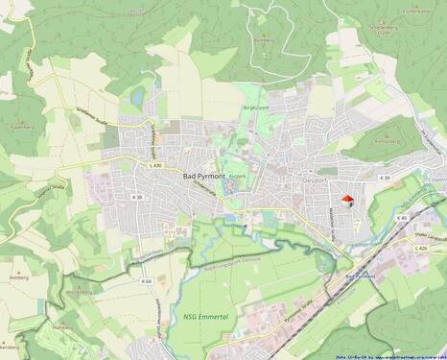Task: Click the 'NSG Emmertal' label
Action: coord(204,316)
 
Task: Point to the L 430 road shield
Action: coord(155,166)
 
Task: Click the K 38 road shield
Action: coord(137,197)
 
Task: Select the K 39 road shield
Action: coord(385,179)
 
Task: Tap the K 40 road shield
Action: coord(401,218)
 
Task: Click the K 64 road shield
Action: coord(146,281)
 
